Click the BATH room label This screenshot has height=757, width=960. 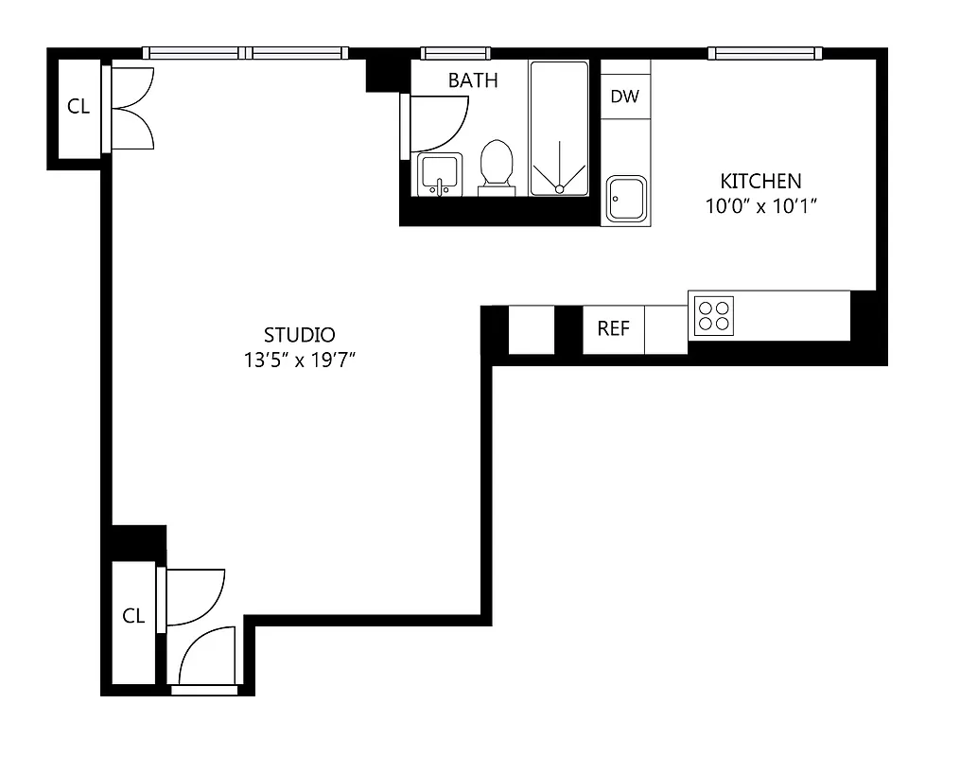coord(473,81)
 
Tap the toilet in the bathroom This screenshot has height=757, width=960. coord(497,165)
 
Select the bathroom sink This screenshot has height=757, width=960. coord(440,174)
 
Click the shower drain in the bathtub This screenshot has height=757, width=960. coord(559,189)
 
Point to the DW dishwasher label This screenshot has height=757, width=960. coord(624,97)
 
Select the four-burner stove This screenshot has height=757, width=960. coord(714,315)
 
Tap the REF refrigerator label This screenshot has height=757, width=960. coord(613,329)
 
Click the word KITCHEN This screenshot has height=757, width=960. coord(760,181)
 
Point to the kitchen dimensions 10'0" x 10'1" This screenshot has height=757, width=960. coord(760,205)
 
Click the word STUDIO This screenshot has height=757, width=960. coord(299,335)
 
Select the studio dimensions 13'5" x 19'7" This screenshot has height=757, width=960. coord(299,360)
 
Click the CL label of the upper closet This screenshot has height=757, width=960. coord(79,107)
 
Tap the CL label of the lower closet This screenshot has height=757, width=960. coord(133,616)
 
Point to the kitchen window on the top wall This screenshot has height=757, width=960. coord(765,53)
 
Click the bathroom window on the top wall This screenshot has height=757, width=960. coord(455,53)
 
